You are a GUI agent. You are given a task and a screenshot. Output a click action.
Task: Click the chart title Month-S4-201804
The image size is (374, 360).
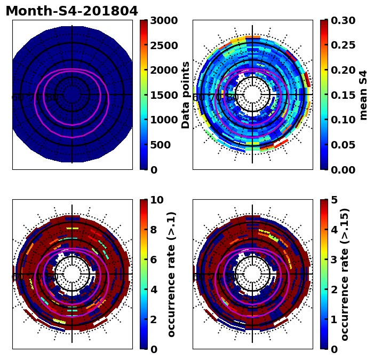(71, 11)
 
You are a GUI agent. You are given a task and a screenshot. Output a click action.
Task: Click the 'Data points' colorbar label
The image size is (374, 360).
(186, 95)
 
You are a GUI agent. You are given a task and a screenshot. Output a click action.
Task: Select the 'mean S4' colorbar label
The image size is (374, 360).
(363, 95)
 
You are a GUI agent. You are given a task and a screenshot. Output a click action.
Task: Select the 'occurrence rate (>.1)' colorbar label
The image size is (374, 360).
(171, 275)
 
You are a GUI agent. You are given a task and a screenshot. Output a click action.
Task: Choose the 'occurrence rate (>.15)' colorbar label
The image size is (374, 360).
(345, 275)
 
